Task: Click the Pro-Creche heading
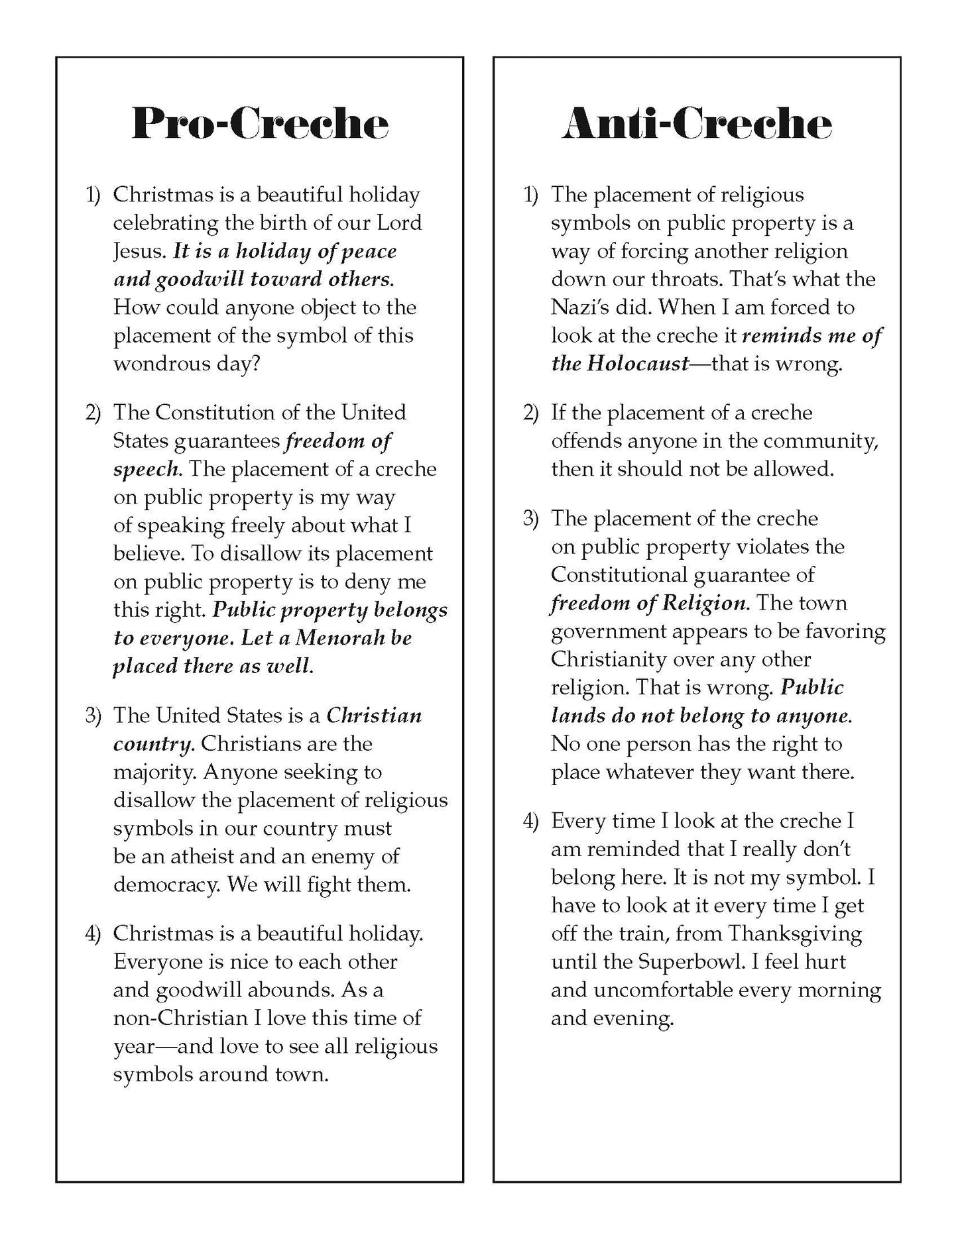(x=260, y=123)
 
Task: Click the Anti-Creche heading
(x=697, y=123)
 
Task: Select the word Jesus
(x=139, y=252)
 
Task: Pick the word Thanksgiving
(x=795, y=934)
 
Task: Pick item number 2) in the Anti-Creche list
(x=530, y=413)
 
